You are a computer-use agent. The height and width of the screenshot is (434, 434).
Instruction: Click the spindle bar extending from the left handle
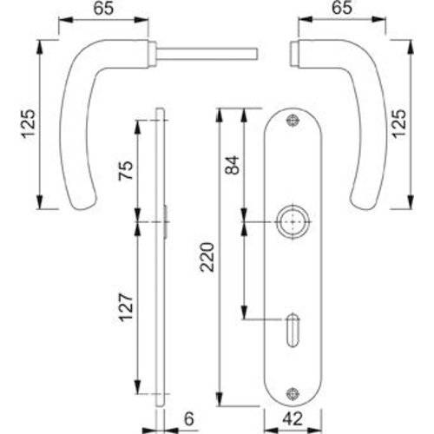208,54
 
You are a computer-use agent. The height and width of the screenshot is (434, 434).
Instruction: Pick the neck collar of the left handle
153,53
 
